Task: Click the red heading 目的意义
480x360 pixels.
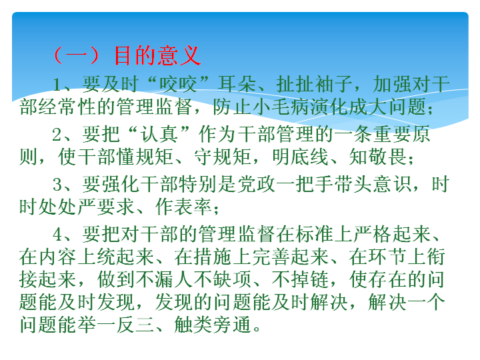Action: pos(157,55)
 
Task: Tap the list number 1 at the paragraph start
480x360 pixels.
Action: pos(57,84)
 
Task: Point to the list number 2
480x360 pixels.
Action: pos(57,134)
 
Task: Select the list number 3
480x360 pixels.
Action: pos(57,184)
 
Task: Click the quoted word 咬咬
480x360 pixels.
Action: pos(177,84)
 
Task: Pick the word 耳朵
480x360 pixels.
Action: pos(236,84)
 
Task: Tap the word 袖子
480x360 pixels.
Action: pos(333,84)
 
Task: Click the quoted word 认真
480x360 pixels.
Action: pos(159,134)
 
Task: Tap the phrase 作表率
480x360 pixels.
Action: pos(183,207)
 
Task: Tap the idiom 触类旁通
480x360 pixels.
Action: pos(213,325)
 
